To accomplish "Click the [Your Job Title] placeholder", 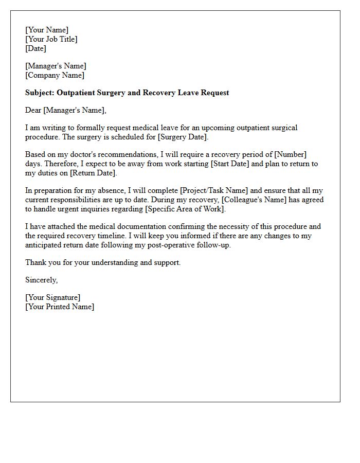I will (51, 39).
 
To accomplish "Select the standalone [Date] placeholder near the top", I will (35, 48).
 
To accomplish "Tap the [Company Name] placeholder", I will (55, 75).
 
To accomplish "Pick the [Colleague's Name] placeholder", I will (257, 200).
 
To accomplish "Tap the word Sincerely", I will (41, 280).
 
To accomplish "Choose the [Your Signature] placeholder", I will (52, 297).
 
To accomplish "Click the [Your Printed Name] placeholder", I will (60, 307).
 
